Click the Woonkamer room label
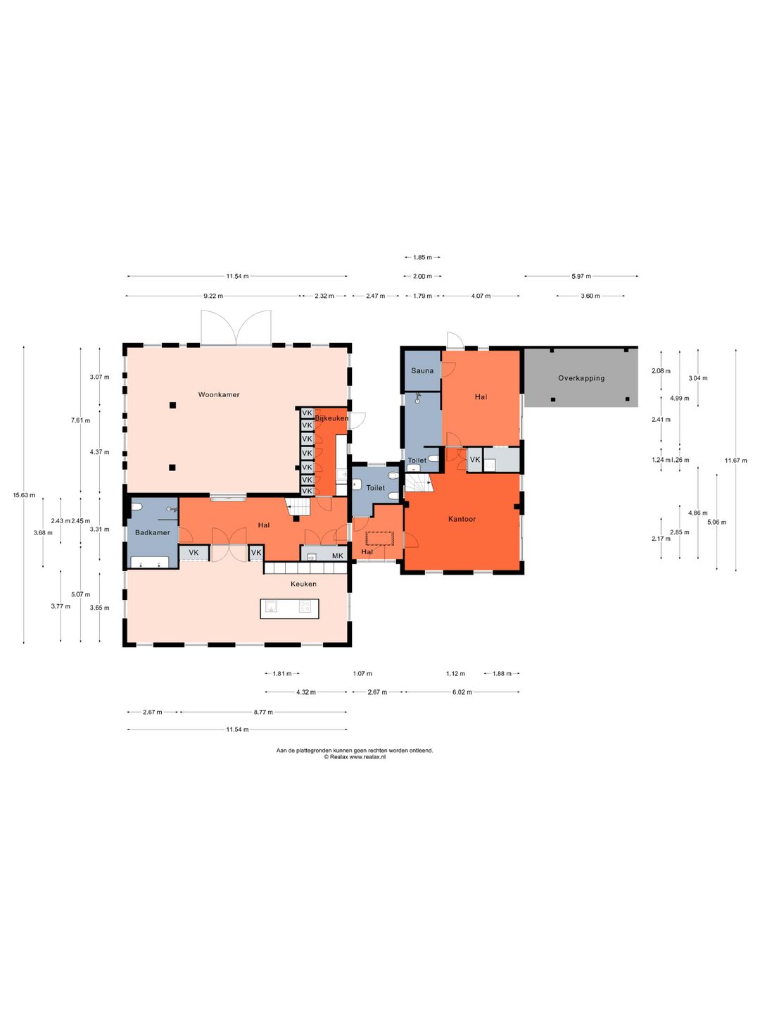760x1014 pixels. pyautogui.click(x=219, y=394)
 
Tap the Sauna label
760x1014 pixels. pyautogui.click(x=422, y=370)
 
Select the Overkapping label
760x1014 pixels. pyautogui.click(x=581, y=378)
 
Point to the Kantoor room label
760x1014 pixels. pyautogui.click(x=462, y=519)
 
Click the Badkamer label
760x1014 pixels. pyautogui.click(x=152, y=532)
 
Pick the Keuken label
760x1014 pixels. pyautogui.click(x=303, y=584)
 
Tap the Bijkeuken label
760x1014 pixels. pyautogui.click(x=331, y=418)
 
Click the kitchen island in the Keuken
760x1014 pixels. pyautogui.click(x=289, y=608)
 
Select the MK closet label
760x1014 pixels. pyautogui.click(x=337, y=556)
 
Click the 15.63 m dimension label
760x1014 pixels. pyautogui.click(x=24, y=495)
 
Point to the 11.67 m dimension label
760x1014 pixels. pyautogui.click(x=735, y=460)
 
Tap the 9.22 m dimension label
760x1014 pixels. pyautogui.click(x=213, y=296)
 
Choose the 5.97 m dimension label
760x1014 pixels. pyautogui.click(x=581, y=276)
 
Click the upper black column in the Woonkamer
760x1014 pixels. pyautogui.click(x=172, y=405)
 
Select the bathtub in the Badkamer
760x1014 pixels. pyautogui.click(x=149, y=562)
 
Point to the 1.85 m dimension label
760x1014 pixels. pyautogui.click(x=422, y=257)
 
